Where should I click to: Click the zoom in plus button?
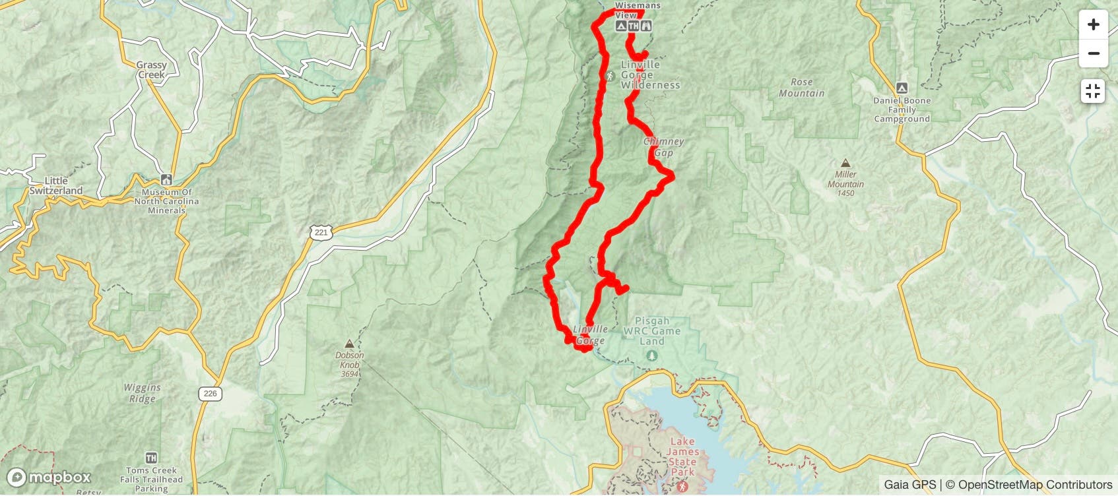pos(1093,25)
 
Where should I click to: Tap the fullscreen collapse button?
pos(1093,91)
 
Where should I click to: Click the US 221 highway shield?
pos(321,232)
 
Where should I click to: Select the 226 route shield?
pos(210,394)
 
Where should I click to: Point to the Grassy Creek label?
pos(151,70)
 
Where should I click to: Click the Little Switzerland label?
pos(56,186)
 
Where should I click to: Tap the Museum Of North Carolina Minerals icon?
pos(166,180)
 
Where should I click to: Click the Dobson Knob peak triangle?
pos(349,344)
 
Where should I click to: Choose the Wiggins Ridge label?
pos(142,393)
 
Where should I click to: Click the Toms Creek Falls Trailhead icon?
pos(151,458)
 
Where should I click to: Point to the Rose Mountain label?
pos(801,88)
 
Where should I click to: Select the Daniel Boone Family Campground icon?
pos(902,88)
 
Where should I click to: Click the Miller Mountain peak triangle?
pos(845,163)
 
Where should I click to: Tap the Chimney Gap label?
pos(663,147)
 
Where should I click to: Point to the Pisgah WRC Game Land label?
pos(651,331)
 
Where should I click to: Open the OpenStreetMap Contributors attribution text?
pos(1035,485)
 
